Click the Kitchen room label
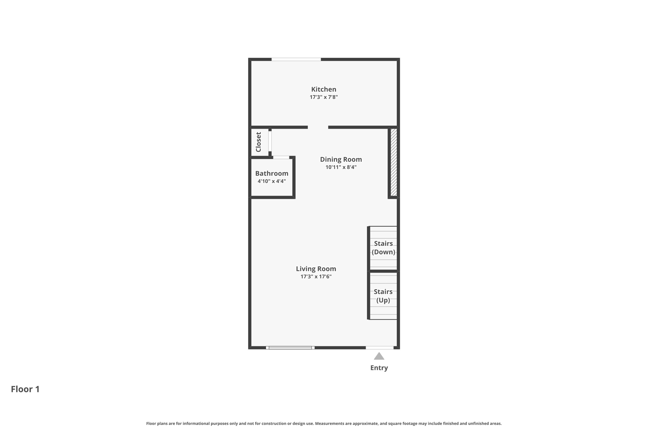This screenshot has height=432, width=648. click(323, 89)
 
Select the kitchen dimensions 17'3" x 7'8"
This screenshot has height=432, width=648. click(323, 97)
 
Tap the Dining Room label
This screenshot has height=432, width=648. click(341, 160)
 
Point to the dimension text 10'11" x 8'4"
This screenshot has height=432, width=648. click(341, 167)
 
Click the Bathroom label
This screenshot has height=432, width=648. click(271, 173)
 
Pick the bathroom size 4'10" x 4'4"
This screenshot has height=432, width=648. click(271, 181)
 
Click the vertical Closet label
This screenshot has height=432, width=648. click(259, 142)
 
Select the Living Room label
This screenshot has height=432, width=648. click(316, 269)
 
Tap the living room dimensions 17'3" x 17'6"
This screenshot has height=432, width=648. click(316, 277)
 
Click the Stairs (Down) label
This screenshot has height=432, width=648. click(383, 248)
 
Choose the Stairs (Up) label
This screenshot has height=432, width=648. click(383, 296)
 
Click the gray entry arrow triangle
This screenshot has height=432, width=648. click(379, 357)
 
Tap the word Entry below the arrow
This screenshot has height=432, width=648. click(379, 368)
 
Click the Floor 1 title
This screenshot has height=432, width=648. click(25, 389)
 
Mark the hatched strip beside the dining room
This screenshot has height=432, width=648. click(394, 162)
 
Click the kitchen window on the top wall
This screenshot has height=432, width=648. click(296, 59)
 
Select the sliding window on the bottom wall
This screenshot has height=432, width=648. click(290, 347)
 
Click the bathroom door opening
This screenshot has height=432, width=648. click(281, 157)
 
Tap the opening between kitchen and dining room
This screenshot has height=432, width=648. click(318, 127)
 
